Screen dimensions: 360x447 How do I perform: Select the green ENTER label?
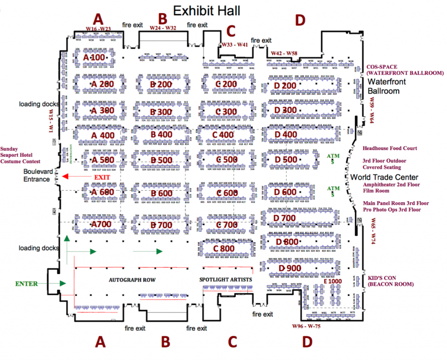tap(27, 284)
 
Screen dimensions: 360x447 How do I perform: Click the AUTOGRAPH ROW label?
tap(132, 279)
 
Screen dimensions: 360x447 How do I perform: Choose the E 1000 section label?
tap(333, 281)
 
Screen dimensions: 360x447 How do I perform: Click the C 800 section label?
tap(224, 248)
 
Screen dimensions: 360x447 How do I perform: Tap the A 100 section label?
tap(94, 58)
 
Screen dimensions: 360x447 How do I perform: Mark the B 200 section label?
tap(161, 84)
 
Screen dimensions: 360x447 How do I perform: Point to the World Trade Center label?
tap(385, 177)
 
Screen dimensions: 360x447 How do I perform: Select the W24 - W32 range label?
tap(163, 28)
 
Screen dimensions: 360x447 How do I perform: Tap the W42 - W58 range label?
tap(285, 53)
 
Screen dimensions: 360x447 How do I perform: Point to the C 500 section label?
tap(223, 160)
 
